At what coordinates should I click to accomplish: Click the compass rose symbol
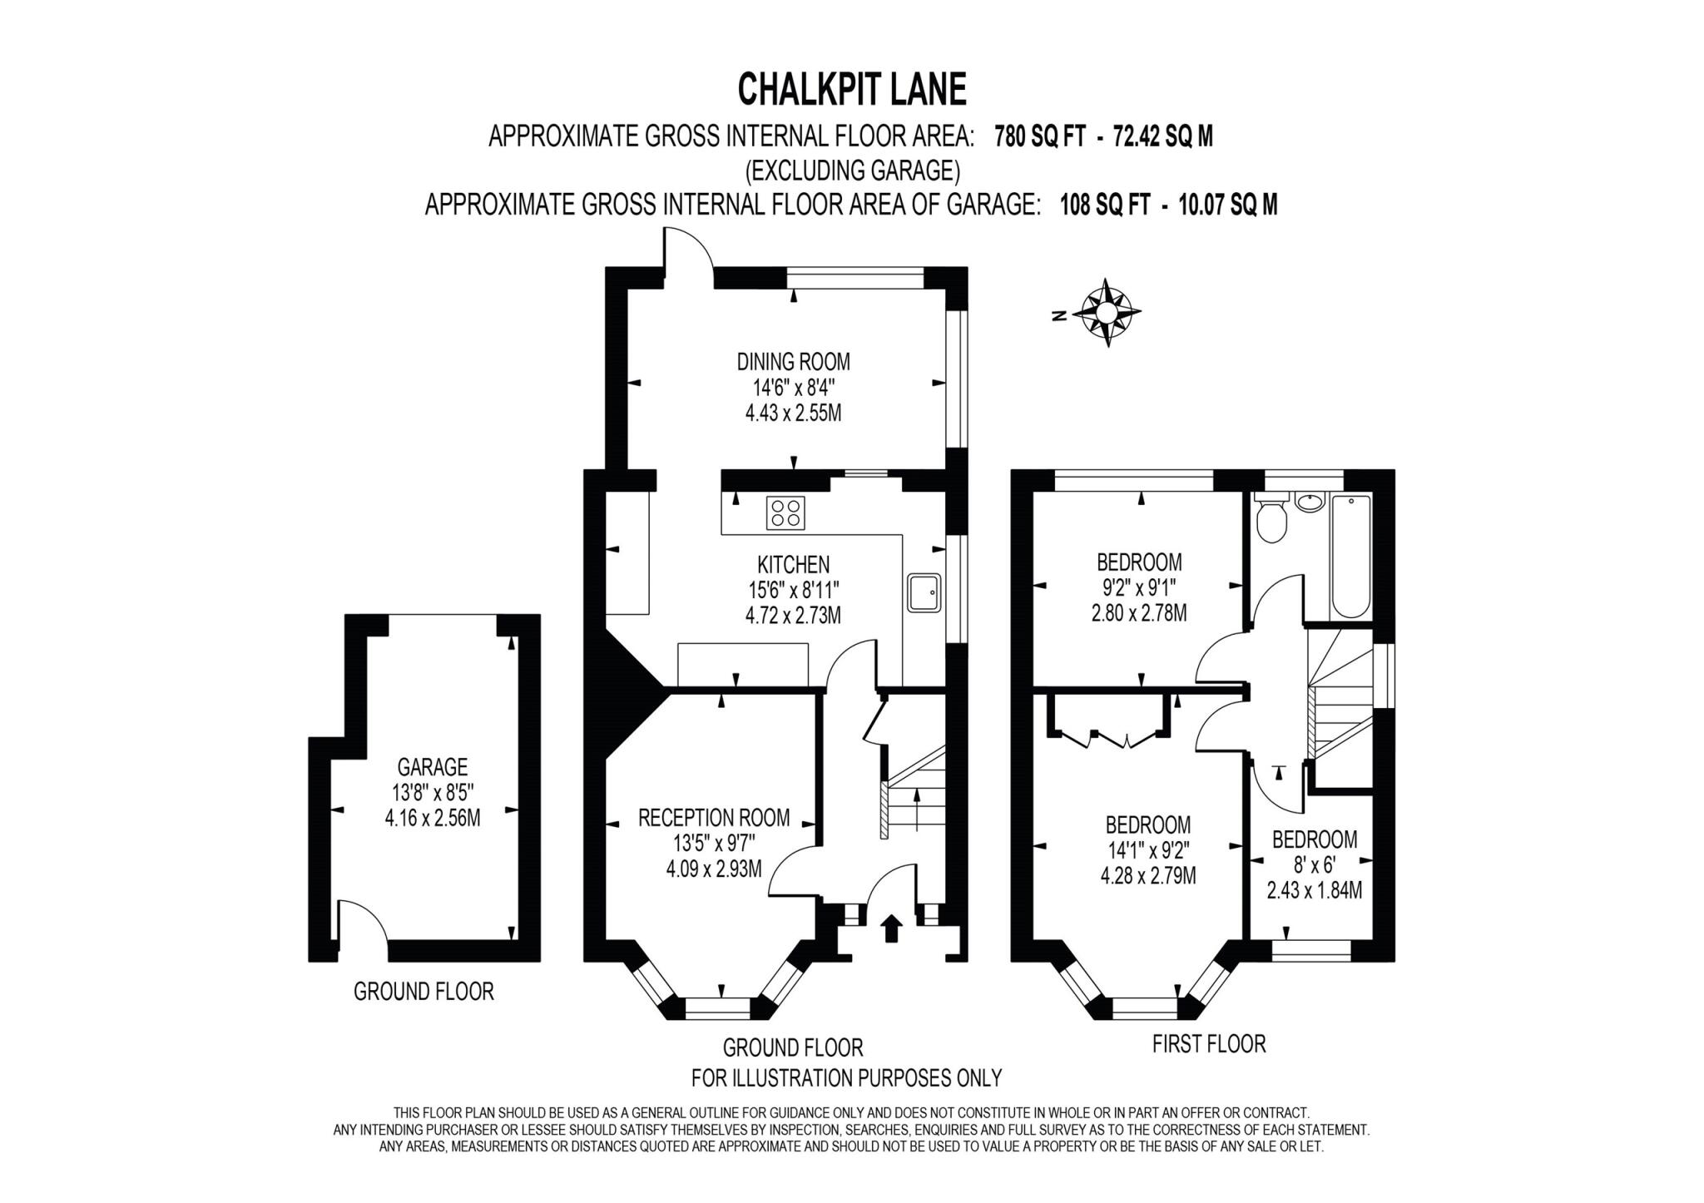point(1106,312)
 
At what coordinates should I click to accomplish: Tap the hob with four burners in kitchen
point(786,512)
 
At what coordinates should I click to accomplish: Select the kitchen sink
point(924,592)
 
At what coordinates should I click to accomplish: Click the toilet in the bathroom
point(1271,520)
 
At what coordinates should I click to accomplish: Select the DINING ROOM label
point(793,362)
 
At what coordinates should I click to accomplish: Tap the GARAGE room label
point(432,766)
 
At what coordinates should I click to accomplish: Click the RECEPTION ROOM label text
point(713,818)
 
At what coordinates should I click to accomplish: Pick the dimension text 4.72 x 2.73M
point(793,616)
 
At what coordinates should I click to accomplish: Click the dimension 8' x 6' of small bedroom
point(1314,864)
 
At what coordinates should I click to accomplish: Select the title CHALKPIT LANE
point(852,89)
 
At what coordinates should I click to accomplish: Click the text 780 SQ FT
point(1040,136)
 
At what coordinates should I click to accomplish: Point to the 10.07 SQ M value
point(1227,205)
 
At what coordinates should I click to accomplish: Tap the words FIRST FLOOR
point(1208,1043)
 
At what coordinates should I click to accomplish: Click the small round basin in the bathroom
point(1309,502)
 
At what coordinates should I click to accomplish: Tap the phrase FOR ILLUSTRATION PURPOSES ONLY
point(846,1078)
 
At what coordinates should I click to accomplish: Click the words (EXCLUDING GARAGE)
point(852,171)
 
